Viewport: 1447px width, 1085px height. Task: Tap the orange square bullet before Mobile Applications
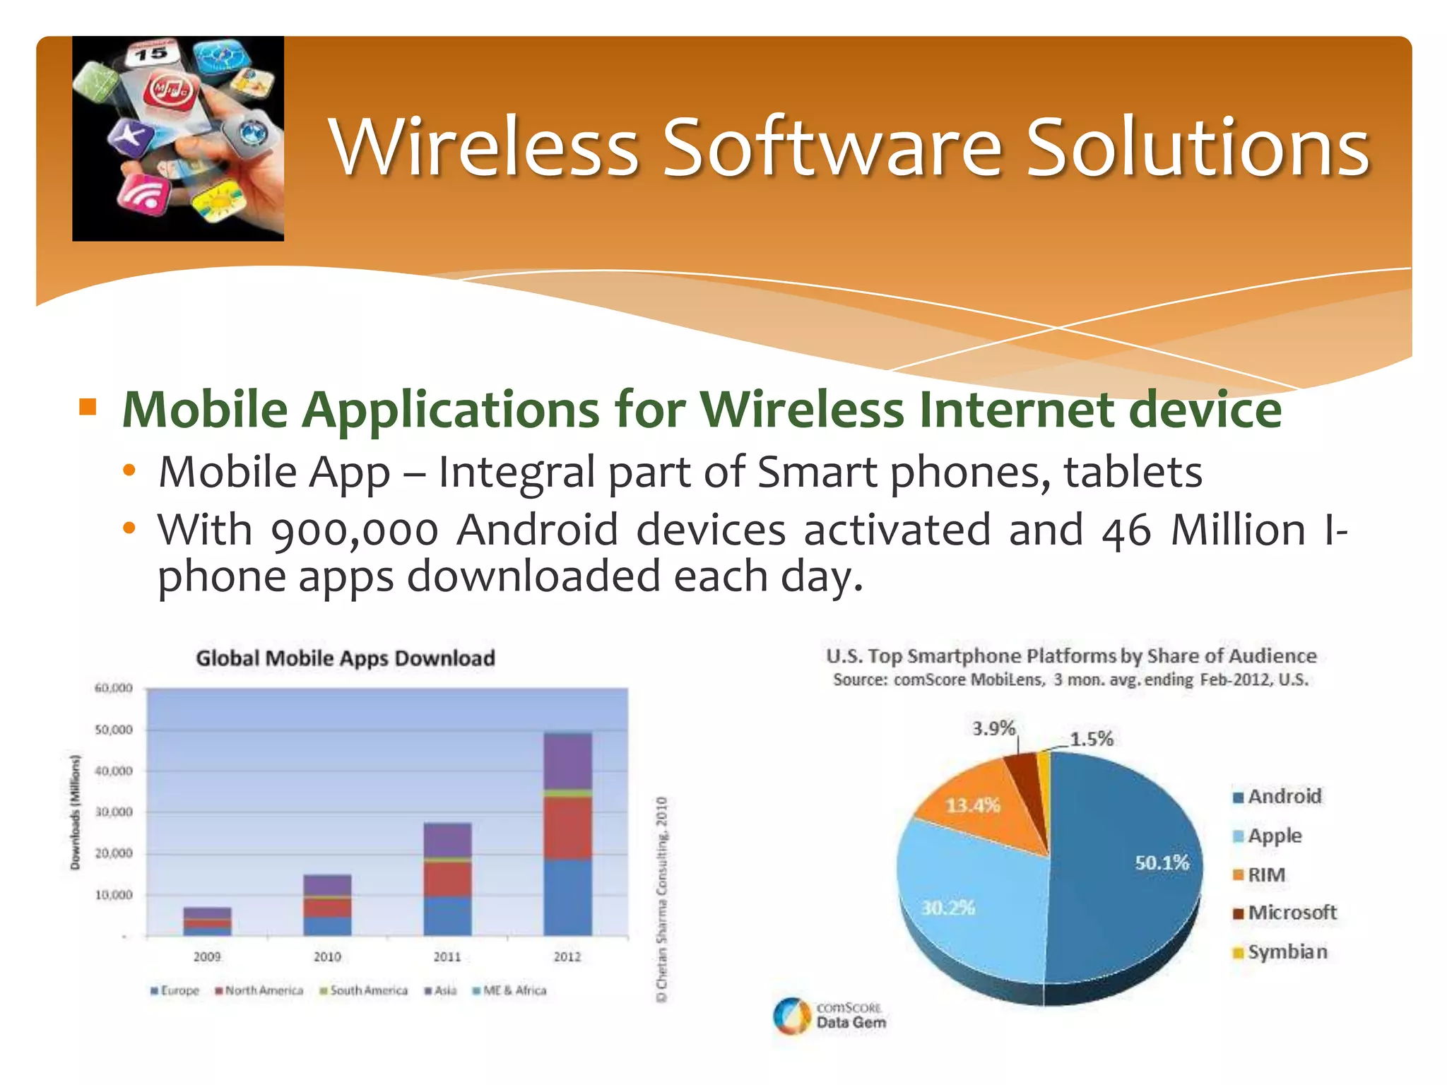tap(88, 407)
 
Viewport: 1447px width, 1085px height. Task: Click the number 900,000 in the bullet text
tap(355, 531)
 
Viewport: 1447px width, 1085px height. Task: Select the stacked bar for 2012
tap(567, 834)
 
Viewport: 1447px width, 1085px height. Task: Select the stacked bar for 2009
tap(207, 921)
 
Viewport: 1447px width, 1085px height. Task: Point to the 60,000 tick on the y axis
tap(113, 688)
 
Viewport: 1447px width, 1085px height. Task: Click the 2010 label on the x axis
tap(327, 956)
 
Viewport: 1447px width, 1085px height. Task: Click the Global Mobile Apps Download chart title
tap(345, 658)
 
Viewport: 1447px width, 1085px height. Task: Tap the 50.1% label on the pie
tap(1162, 862)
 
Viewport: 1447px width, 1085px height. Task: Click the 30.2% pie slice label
tap(947, 908)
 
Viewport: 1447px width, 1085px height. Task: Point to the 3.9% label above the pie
tap(993, 728)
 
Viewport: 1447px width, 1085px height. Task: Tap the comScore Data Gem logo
tap(829, 1016)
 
